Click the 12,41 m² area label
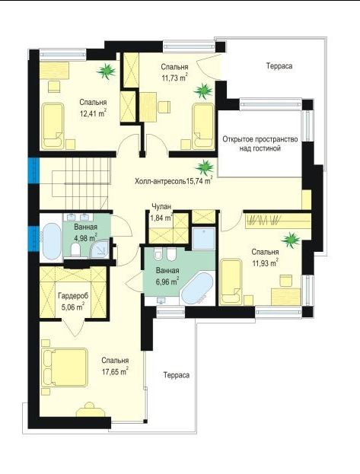(x=93, y=113)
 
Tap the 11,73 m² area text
(x=174, y=78)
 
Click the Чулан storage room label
(x=161, y=206)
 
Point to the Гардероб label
(x=73, y=296)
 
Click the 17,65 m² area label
(x=115, y=371)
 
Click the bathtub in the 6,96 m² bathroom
(x=198, y=289)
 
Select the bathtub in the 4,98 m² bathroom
(x=52, y=242)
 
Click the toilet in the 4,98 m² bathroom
(x=75, y=250)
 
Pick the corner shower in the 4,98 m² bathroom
(x=100, y=250)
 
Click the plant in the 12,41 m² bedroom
(x=107, y=72)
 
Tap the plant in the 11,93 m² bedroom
(x=291, y=240)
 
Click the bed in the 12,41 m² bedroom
(x=53, y=126)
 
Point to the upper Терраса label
(x=279, y=66)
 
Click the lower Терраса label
(x=177, y=375)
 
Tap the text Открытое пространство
(x=260, y=139)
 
